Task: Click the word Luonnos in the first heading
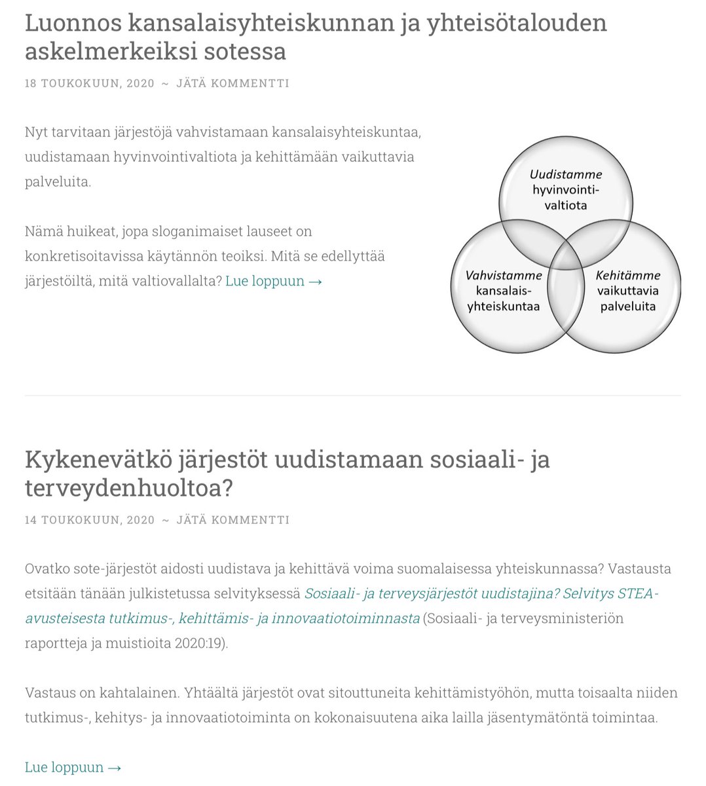(x=72, y=23)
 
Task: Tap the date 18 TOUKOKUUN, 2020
(x=90, y=83)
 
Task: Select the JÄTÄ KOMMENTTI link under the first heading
(x=232, y=83)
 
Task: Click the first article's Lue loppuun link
(x=274, y=281)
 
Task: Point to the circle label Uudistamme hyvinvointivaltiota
(x=566, y=190)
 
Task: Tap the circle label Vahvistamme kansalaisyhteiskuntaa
(x=503, y=291)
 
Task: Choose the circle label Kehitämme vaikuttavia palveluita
(x=628, y=291)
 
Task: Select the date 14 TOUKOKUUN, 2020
(x=90, y=520)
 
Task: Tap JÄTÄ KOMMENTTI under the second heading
(x=232, y=520)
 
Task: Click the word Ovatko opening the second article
(x=46, y=569)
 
